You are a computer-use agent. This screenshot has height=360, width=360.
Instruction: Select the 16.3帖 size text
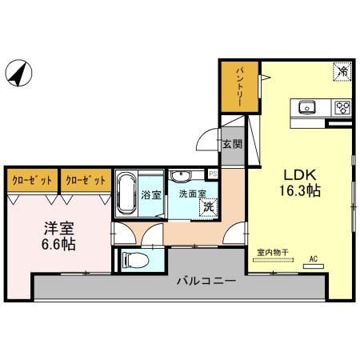point(301,193)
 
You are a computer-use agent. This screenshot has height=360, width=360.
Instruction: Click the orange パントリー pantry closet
point(239,87)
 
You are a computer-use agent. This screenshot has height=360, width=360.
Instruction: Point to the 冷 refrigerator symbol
point(342,72)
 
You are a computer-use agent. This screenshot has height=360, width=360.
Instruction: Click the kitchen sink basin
point(308,107)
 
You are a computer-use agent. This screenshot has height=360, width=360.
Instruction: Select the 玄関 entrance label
point(232,145)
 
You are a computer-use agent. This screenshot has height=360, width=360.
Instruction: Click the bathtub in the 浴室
point(126,194)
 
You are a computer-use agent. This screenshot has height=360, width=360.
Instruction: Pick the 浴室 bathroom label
point(150,194)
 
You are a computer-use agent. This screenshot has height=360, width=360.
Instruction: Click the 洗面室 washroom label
point(192,194)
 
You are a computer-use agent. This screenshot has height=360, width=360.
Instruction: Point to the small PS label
point(213,174)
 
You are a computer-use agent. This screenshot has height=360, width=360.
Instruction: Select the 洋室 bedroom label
point(60,226)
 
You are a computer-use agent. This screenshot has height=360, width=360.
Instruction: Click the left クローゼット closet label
point(32,180)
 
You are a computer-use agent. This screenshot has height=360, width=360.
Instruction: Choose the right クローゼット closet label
point(85,180)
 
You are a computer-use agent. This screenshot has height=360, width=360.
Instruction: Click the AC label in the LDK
point(314,258)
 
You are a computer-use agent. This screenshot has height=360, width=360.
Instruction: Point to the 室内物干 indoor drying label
point(273,254)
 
